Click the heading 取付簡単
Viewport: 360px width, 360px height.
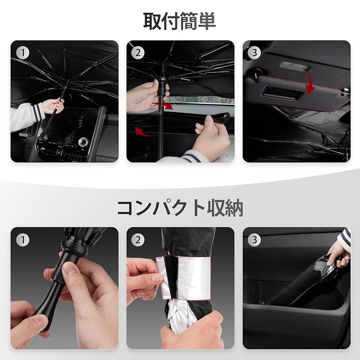pos(179,21)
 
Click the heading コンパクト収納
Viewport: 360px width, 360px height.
pos(180,208)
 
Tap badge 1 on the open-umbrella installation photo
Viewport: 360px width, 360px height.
pos(23,53)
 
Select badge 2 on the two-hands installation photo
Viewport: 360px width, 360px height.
pos(138,53)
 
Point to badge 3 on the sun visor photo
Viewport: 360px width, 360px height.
pos(254,53)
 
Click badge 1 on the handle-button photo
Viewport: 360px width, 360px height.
pos(23,240)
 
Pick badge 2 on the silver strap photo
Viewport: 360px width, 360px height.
pos(138,240)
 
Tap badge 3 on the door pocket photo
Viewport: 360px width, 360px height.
pos(254,240)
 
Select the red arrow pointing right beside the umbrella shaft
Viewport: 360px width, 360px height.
pos(165,106)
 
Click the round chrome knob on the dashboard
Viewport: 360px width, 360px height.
pos(83,142)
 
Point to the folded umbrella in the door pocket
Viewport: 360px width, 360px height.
pos(306,280)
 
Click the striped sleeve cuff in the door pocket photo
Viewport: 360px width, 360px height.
pos(346,237)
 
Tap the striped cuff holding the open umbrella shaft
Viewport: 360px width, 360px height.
pos(38,112)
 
